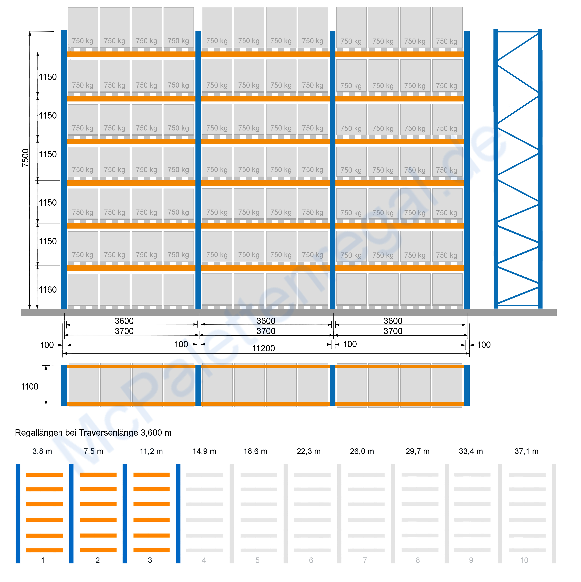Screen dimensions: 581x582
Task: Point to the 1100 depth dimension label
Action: click(30, 386)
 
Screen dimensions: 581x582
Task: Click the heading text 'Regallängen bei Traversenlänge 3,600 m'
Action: click(93, 433)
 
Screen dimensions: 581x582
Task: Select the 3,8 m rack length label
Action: click(42, 451)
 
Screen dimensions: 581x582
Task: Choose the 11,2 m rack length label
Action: click(151, 451)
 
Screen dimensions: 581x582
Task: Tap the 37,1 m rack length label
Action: click(526, 451)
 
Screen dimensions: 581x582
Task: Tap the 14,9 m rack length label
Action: click(204, 451)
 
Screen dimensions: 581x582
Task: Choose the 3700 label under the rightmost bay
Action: click(393, 331)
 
